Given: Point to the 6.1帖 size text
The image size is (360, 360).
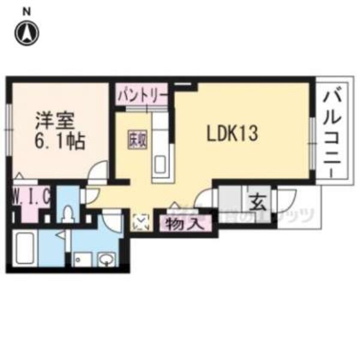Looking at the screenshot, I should tap(59, 142).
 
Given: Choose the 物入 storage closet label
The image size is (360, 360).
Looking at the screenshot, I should tap(179, 224).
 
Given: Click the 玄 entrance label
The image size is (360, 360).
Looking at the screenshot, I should tap(257, 202).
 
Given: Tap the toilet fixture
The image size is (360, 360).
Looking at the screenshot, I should tap(69, 214).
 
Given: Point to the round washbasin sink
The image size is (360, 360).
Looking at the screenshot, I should tap(107, 260).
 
